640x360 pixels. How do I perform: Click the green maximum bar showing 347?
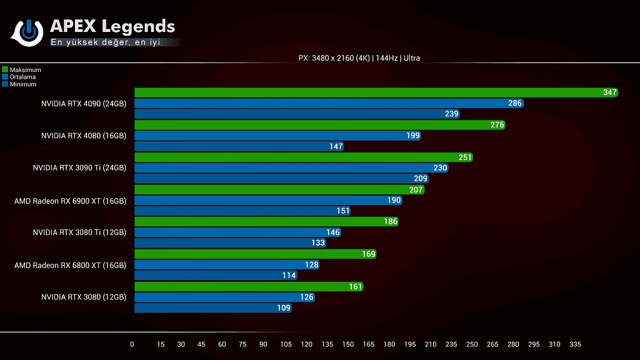tap(375, 92)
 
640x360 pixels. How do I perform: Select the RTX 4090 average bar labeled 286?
tap(328, 103)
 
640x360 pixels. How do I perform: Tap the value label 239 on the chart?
tap(452, 114)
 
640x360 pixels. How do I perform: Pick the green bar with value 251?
tap(303, 157)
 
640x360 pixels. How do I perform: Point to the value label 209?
tap(420, 179)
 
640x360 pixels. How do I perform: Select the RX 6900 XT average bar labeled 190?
tap(267, 201)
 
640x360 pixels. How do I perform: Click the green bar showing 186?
tap(266, 222)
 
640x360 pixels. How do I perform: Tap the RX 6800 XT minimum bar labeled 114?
tap(216, 276)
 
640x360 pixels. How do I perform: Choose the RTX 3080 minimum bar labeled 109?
tap(212, 308)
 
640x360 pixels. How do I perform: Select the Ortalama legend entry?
tap(22, 77)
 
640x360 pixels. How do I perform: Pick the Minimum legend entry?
tap(22, 84)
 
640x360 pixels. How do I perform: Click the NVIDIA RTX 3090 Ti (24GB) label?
tap(79, 168)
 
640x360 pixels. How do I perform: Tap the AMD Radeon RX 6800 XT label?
tap(70, 265)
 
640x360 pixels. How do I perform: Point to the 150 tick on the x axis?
tap(347, 345)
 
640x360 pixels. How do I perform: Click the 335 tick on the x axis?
tap(575, 345)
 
